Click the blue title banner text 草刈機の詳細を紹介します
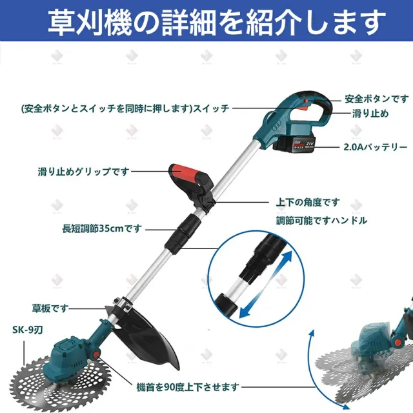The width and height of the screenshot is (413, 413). [x=217, y=22]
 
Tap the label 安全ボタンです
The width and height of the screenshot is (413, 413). [x=377, y=99]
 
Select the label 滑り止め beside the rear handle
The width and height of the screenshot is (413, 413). [x=370, y=114]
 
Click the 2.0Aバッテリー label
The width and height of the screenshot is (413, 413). [x=376, y=147]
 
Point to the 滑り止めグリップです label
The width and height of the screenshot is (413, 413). [x=84, y=172]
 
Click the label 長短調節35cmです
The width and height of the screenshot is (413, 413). [x=102, y=228]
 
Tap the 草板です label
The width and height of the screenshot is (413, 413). [x=50, y=308]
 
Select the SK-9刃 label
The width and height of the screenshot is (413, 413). [x=28, y=330]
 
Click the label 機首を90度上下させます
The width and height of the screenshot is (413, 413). [x=188, y=387]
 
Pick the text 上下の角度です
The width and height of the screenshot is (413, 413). [x=308, y=203]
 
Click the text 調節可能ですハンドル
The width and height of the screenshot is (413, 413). [x=321, y=220]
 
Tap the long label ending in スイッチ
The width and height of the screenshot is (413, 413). [x=125, y=108]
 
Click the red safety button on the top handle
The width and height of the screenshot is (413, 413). [x=306, y=101]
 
